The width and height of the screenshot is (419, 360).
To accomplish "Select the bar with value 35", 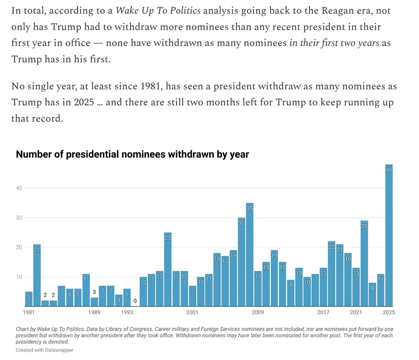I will (x=250, y=255).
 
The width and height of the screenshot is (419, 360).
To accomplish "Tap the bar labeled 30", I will (x=242, y=262).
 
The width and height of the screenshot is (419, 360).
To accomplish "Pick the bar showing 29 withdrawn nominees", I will (x=364, y=263).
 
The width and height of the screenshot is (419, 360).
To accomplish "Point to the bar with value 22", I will (x=331, y=274).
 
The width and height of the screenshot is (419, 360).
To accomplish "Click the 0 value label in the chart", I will (x=135, y=301).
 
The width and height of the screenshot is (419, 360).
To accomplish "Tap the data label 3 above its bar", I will (x=94, y=292).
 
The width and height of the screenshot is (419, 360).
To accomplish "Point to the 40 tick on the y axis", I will (x=19, y=188).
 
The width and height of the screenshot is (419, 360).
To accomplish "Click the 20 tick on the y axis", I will (x=19, y=247).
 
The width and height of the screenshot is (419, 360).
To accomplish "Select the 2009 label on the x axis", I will (x=258, y=312).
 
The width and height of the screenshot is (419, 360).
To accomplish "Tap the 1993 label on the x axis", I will (x=127, y=312).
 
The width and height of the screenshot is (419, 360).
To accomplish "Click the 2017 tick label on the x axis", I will (x=323, y=312).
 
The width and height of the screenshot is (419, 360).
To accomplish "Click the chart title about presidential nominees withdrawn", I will (x=132, y=154).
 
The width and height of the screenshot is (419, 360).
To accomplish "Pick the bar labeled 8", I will (x=373, y=294).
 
